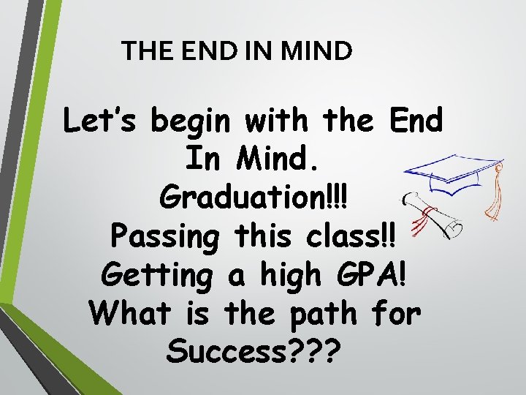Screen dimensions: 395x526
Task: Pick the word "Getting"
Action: click(150, 276)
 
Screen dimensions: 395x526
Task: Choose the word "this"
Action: click(264, 236)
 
